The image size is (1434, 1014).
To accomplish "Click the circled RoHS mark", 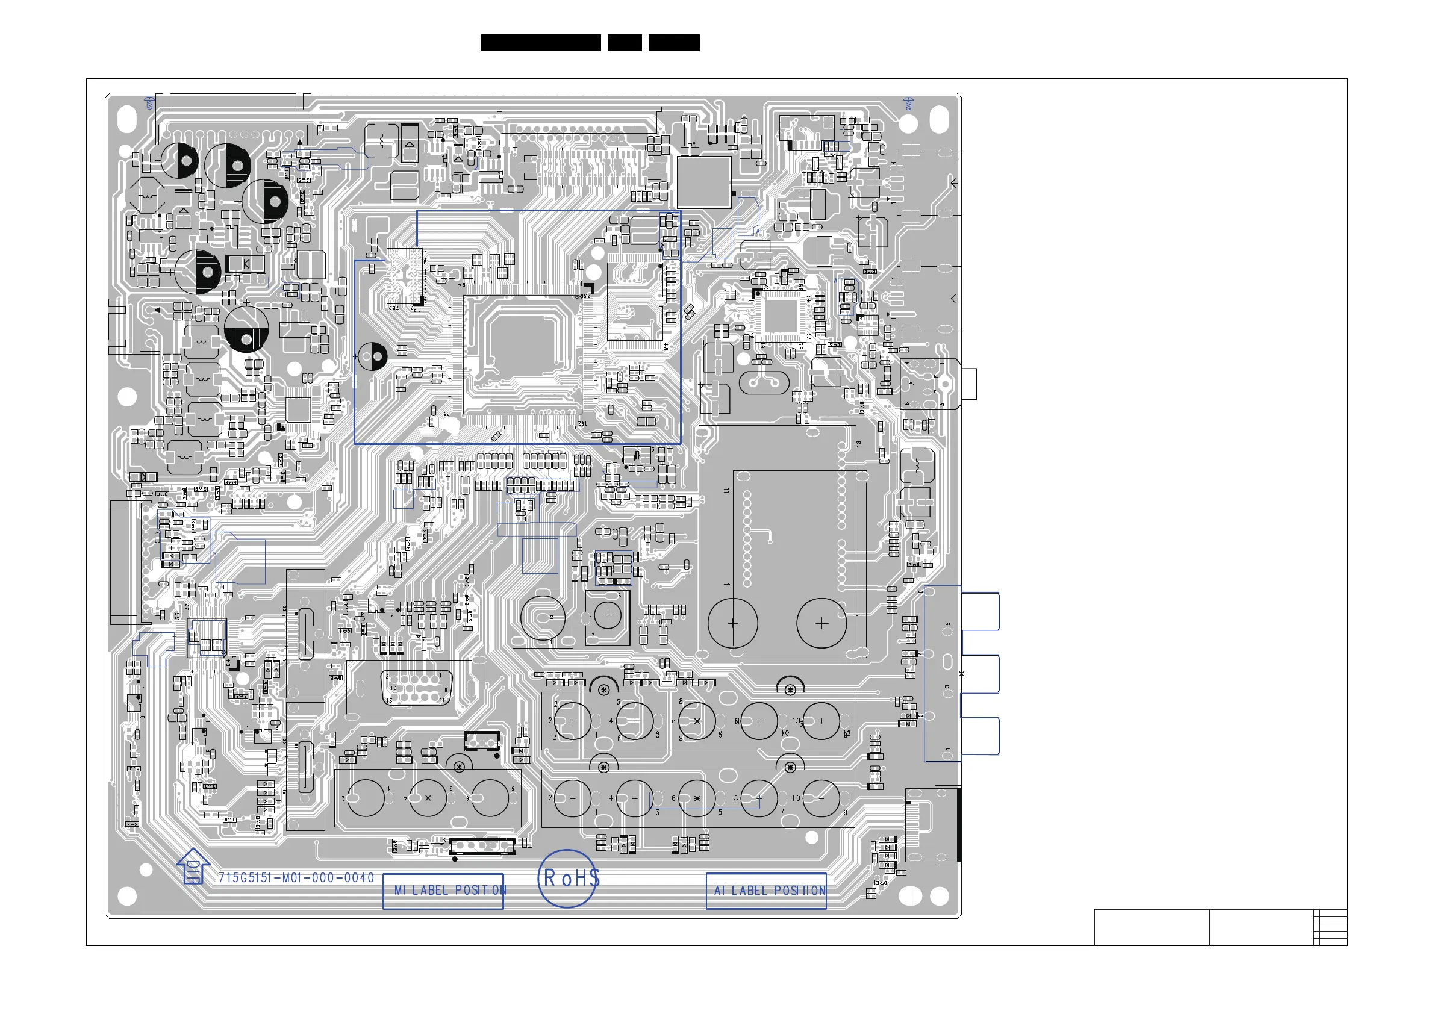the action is point(567,878).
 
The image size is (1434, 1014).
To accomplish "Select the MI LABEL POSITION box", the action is point(443,891).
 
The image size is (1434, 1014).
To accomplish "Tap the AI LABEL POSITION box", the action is point(766,891).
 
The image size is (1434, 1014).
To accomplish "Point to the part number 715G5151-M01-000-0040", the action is point(296,877).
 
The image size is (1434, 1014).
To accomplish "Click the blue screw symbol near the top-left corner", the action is point(149,103).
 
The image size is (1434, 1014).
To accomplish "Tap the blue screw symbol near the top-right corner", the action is point(909,103).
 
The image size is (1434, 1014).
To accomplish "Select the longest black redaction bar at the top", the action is point(540,43).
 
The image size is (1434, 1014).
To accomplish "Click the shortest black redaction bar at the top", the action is point(624,43).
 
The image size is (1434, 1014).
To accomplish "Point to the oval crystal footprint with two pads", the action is point(763,382).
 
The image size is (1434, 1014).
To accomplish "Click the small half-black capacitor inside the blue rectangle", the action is point(373,356).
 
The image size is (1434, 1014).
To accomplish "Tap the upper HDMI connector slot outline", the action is point(305,633).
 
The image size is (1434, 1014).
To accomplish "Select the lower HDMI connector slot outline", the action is point(305,766).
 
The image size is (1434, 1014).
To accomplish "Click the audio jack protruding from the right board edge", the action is point(967,384).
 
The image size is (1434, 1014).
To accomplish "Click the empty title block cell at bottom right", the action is point(1150,927).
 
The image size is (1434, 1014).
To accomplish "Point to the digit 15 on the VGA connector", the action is point(389,700).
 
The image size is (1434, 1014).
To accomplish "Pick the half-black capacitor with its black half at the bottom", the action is point(246,329).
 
